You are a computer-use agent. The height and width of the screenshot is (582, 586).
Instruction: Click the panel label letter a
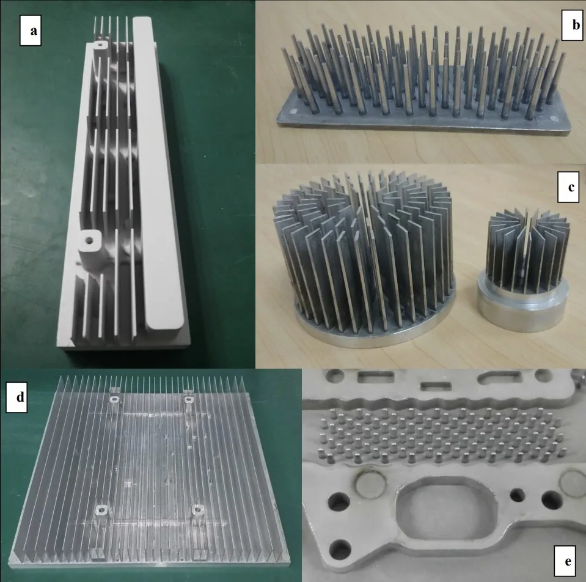tap(34, 31)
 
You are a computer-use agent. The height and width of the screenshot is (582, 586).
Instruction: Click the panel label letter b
tap(576, 25)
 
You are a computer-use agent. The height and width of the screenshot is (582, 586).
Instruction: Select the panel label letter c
tap(571, 186)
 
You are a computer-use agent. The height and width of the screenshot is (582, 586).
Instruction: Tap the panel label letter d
tap(20, 396)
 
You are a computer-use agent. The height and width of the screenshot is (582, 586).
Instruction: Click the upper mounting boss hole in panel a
tap(100, 45)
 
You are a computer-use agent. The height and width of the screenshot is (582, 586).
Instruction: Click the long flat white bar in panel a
tap(156, 172)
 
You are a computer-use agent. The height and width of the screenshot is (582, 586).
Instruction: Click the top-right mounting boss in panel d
tap(189, 400)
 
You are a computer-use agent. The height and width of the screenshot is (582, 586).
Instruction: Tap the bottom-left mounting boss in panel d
tap(101, 509)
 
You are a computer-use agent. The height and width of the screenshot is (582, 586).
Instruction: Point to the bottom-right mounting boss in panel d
tap(197, 509)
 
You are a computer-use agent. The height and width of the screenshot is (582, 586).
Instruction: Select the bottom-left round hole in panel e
tap(340, 550)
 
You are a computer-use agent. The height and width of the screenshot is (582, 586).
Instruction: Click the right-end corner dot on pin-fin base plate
tap(552, 117)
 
